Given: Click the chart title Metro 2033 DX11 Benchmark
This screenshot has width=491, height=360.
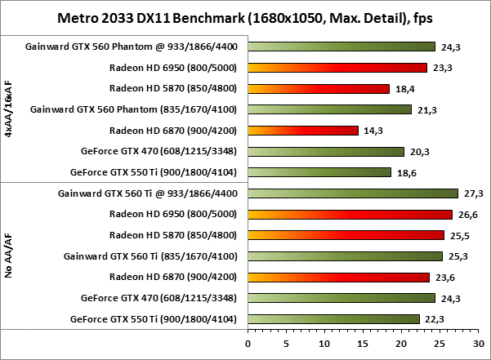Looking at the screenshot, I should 245,17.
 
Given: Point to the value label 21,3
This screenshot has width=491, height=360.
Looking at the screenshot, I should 426,109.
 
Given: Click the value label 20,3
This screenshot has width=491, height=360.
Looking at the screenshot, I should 418,151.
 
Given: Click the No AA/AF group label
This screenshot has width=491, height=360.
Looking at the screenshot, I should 8,256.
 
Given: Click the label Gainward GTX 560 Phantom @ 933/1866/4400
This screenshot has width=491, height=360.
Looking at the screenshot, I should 133,47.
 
